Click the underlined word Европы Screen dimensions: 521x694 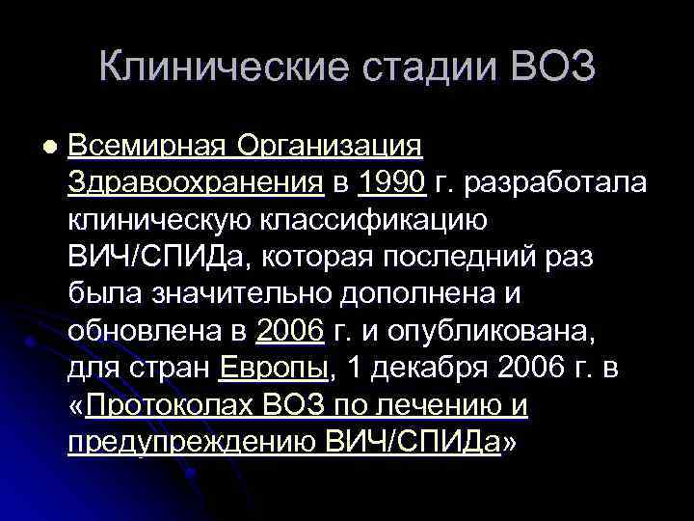[x=275, y=369]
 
